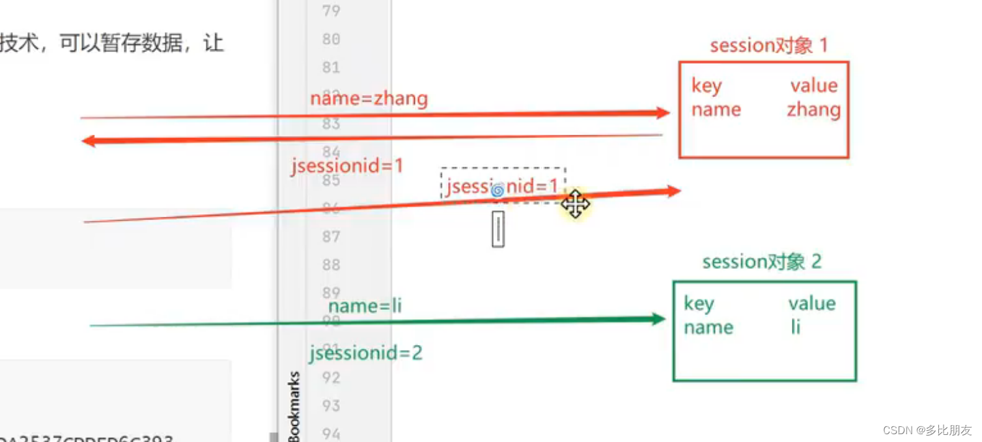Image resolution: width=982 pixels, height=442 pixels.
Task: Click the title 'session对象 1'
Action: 768,46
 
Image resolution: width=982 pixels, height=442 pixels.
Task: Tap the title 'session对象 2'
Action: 761,262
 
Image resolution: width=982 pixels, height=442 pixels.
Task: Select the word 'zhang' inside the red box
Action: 813,109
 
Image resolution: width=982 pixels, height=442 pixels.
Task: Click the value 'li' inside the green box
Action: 795,327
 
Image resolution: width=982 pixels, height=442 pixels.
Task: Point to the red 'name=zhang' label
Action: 369,98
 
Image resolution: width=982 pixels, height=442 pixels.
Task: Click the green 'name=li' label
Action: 365,305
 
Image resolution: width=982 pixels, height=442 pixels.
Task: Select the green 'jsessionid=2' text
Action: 365,353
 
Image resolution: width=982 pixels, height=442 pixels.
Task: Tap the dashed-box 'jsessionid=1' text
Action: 502,187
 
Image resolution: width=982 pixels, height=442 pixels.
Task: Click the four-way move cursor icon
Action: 576,204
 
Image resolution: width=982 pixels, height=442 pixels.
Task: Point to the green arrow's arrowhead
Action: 658,319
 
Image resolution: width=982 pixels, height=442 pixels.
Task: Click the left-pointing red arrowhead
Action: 89,141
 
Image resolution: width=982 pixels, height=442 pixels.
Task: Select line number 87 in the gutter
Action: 331,236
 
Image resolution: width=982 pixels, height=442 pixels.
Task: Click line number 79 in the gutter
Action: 331,10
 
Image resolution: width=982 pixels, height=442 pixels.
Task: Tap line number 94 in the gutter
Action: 331,433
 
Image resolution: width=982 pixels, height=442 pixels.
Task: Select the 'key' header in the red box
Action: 706,86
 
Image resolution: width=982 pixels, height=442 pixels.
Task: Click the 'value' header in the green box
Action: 811,303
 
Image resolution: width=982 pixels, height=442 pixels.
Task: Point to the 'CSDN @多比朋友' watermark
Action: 927,430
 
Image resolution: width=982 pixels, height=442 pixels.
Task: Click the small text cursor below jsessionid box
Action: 498,228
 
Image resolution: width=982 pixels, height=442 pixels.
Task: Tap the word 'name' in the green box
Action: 708,327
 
